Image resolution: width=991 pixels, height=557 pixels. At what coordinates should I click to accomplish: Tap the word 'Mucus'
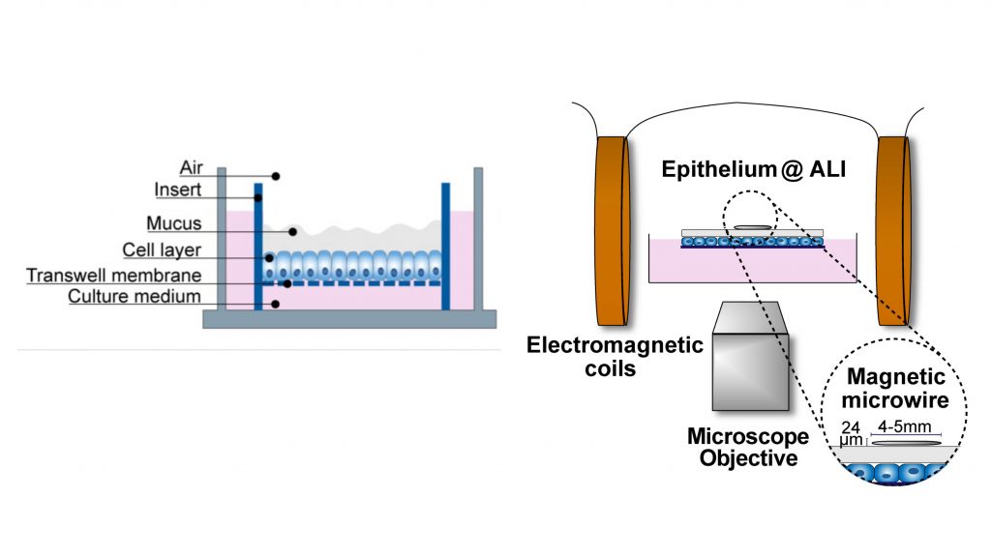point(174,223)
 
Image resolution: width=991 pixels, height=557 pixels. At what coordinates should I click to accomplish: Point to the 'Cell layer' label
point(162,250)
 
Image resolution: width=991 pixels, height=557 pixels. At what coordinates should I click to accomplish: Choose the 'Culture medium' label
point(135,296)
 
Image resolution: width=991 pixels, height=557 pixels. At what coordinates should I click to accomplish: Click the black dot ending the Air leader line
point(276,176)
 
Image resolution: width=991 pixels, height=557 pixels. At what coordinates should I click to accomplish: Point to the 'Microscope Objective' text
point(743,447)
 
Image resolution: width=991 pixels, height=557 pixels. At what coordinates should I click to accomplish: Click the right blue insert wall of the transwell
point(445,246)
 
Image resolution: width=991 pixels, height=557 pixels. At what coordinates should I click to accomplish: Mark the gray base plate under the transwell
point(348,319)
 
